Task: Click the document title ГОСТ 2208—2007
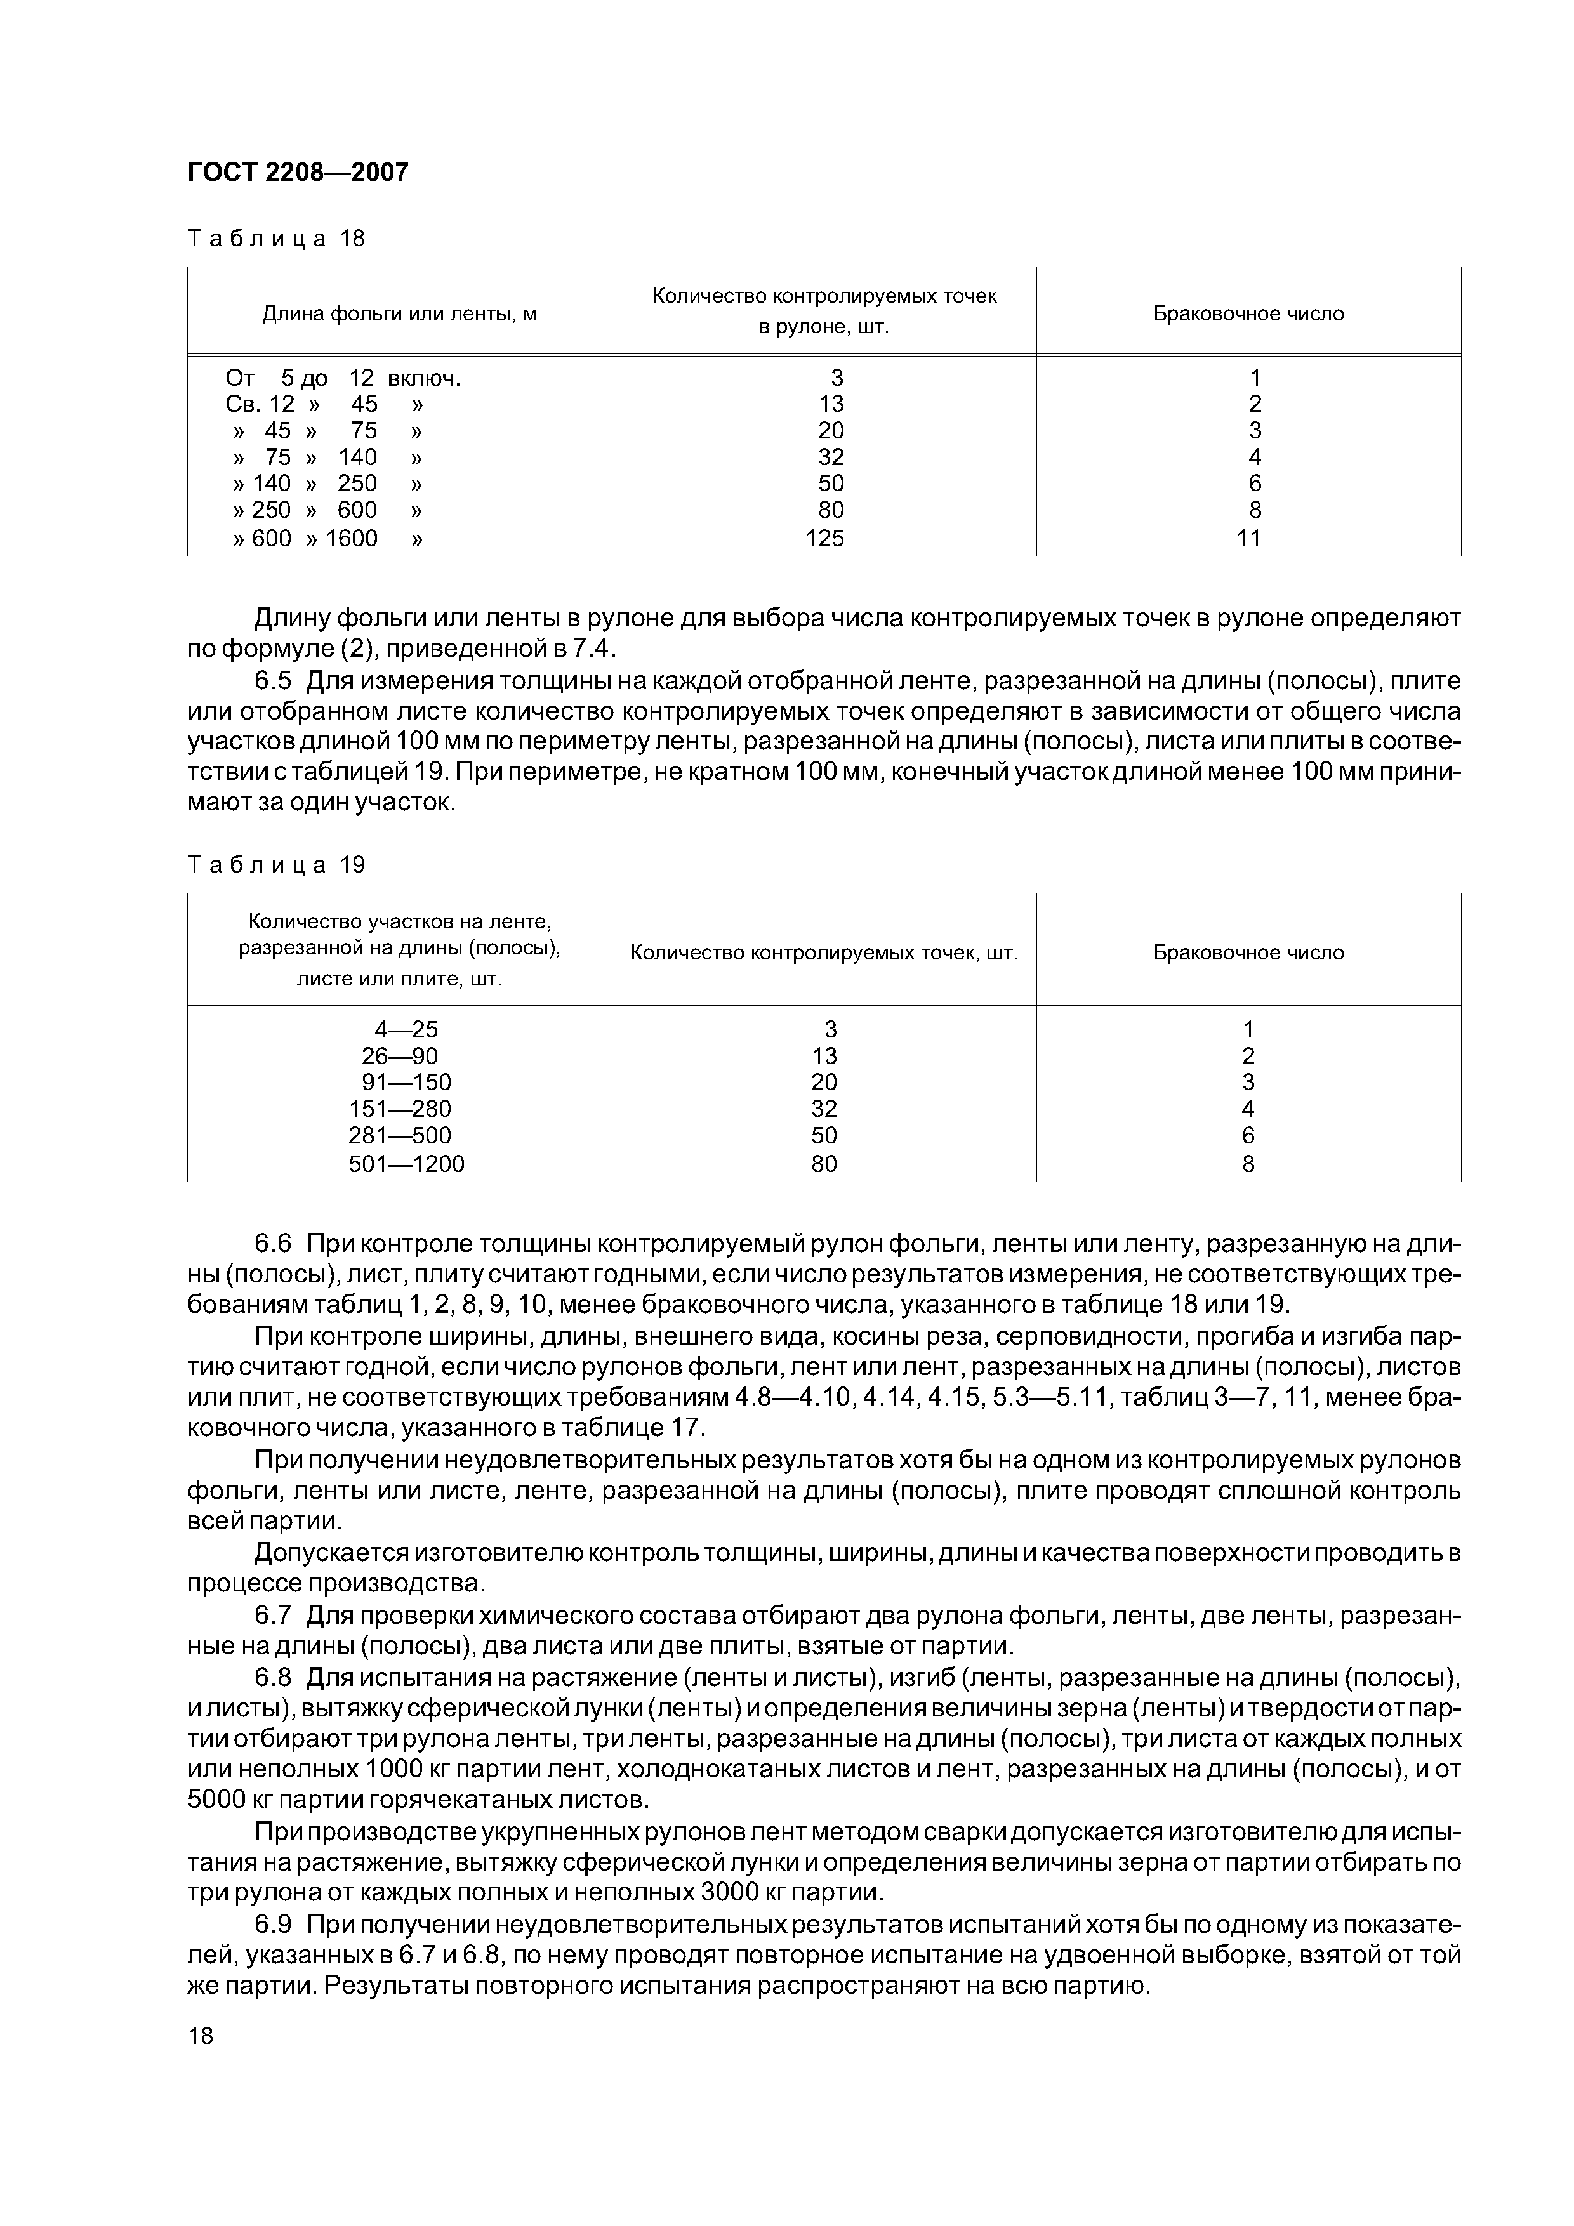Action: (298, 171)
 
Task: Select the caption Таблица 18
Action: (276, 239)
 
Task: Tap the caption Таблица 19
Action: (276, 865)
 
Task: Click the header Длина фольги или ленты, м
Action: (400, 314)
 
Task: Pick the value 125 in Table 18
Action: (824, 538)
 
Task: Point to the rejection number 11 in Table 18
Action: (1248, 538)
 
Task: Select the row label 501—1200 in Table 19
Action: (406, 1163)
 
